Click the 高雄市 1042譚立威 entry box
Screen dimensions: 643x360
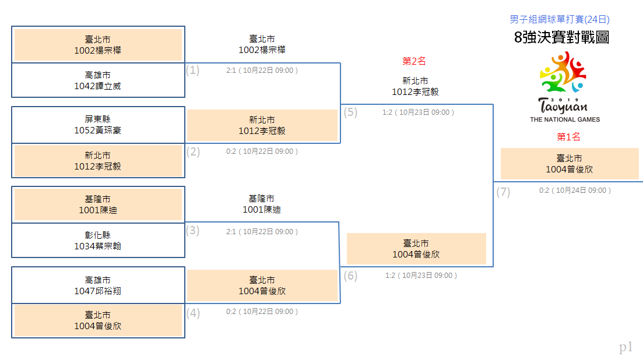pyautogui.click(x=98, y=80)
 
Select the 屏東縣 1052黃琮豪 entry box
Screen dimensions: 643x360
pyautogui.click(x=98, y=125)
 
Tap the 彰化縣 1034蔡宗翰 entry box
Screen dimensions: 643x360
pyautogui.click(x=98, y=241)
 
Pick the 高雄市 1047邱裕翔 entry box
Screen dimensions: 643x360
pyautogui.click(x=98, y=285)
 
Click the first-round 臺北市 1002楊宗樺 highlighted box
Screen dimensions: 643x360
pyautogui.click(x=98, y=45)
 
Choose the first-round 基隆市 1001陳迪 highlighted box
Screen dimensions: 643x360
pyautogui.click(x=98, y=204)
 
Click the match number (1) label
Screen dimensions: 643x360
pyautogui.click(x=192, y=70)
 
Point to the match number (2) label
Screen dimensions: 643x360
pyautogui.click(x=193, y=151)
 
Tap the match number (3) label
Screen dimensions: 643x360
pyautogui.click(x=192, y=231)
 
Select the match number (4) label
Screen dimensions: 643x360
pyautogui.click(x=193, y=313)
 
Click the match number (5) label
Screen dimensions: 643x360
pyautogui.click(x=350, y=112)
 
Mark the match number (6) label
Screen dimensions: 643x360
pyautogui.click(x=350, y=276)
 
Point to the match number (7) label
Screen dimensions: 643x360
pyautogui.click(x=503, y=192)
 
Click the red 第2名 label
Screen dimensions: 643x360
pyautogui.click(x=414, y=61)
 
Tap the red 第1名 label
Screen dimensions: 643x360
pyautogui.click(x=568, y=137)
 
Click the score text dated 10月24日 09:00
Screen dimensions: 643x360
pyautogui.click(x=575, y=190)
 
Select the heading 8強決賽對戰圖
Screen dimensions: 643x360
pyautogui.click(x=561, y=37)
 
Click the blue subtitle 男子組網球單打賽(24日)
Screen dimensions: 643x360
pyautogui.click(x=560, y=19)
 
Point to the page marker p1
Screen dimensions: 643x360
pyautogui.click(x=626, y=347)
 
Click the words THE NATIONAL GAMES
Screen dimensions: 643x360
pyautogui.click(x=565, y=119)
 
